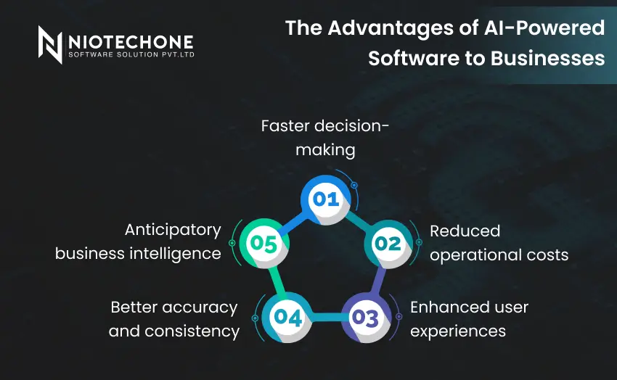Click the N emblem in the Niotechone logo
point(50,45)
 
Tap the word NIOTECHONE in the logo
point(131,42)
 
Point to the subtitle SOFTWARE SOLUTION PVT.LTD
point(131,54)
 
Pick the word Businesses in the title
point(547,58)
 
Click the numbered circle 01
point(325,199)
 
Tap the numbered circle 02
point(388,244)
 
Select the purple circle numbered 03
point(366,318)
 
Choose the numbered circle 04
point(287,318)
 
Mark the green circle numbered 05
point(264,243)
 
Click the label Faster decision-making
point(325,138)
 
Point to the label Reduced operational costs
point(499,243)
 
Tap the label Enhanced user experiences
point(469,318)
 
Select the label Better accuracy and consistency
point(174,318)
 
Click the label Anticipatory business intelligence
point(138,242)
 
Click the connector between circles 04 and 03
point(327,317)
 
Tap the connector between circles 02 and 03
point(377,281)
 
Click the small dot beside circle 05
point(232,243)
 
